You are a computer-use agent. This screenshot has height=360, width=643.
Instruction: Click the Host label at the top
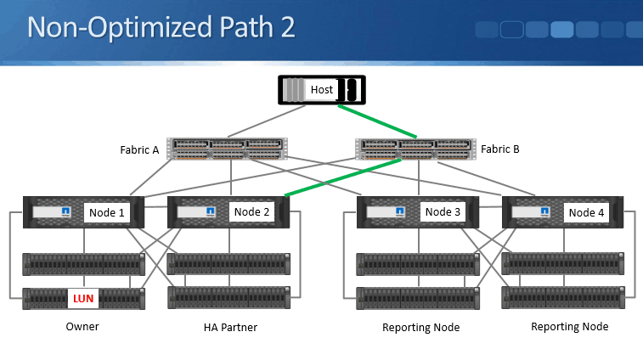pyautogui.click(x=321, y=89)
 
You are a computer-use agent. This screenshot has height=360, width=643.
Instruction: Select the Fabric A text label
pyautogui.click(x=139, y=150)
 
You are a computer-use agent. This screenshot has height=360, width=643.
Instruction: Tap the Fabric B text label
pyautogui.click(x=499, y=149)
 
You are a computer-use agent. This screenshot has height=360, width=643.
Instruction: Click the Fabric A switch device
pyautogui.click(x=227, y=149)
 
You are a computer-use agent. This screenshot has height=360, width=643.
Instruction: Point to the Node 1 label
pyautogui.click(x=107, y=212)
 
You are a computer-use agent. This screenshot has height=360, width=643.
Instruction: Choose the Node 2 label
pyautogui.click(x=251, y=212)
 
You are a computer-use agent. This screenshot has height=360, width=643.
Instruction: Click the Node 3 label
pyautogui.click(x=443, y=212)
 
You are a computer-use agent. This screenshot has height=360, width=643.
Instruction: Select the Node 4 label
pyautogui.click(x=586, y=212)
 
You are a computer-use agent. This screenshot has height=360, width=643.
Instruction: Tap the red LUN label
pyautogui.click(x=84, y=298)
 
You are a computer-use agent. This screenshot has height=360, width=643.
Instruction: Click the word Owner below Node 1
pyautogui.click(x=83, y=327)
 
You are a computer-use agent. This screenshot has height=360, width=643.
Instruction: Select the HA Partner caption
pyautogui.click(x=229, y=328)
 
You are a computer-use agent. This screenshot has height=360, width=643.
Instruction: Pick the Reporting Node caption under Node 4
pyautogui.click(x=569, y=327)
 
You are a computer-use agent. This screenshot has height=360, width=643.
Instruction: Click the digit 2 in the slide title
pyautogui.click(x=286, y=27)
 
